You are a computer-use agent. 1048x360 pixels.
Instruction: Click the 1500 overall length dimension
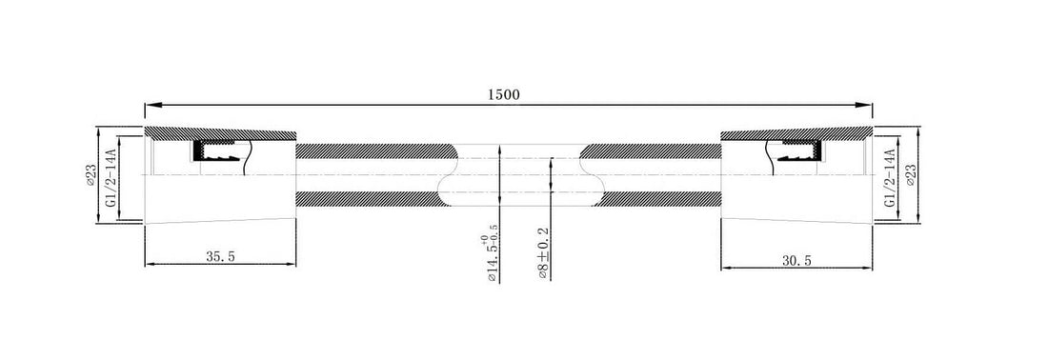504,93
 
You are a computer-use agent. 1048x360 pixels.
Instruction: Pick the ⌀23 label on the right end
912,175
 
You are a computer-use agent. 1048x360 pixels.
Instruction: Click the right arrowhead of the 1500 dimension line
866,104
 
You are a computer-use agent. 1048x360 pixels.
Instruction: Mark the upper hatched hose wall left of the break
372,150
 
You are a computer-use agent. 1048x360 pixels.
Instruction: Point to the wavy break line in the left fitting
246,156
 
